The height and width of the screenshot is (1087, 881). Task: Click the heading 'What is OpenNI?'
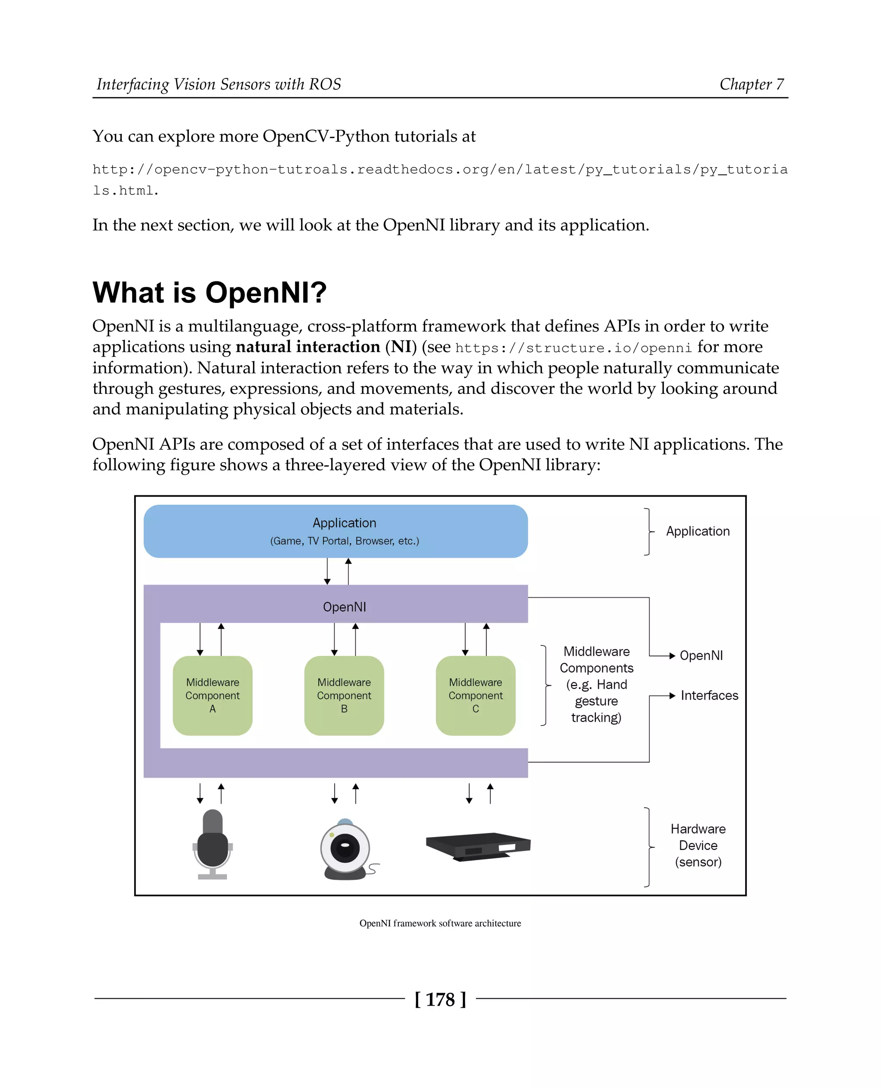209,293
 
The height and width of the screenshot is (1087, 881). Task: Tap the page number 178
440,999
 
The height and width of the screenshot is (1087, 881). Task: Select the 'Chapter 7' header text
751,84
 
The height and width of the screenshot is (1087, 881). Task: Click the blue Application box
336,531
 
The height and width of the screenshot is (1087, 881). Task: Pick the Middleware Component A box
212,695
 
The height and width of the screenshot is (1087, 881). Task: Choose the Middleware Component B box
344,695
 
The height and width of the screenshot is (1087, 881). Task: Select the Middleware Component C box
475,695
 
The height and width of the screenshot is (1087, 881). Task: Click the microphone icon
212,843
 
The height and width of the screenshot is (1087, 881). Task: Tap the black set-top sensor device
478,845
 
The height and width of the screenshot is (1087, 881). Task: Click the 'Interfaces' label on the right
709,695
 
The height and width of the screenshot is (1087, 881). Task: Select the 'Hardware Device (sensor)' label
698,845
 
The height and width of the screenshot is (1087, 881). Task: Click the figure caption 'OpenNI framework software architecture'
440,923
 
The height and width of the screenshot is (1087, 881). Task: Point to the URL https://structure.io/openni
573,348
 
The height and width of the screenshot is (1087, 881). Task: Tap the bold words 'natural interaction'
308,347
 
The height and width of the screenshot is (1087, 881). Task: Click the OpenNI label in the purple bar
344,607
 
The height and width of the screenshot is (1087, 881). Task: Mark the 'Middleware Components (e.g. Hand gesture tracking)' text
596,684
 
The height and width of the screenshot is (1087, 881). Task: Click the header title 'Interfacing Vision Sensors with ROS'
219,84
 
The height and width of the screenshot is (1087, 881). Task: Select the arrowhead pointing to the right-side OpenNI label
672,655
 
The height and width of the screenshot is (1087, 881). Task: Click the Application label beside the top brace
698,531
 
